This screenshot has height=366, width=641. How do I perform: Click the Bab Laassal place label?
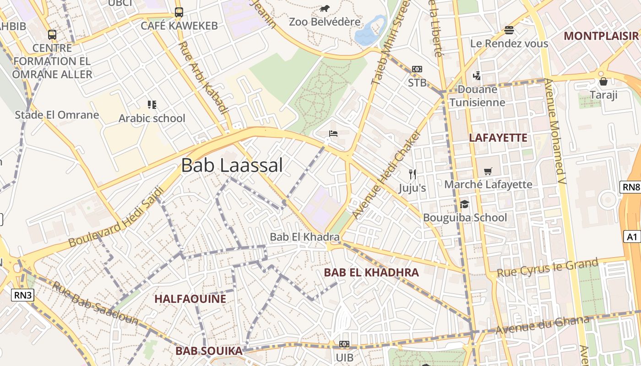[232, 165]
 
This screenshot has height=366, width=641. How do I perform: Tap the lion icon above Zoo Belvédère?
[325, 9]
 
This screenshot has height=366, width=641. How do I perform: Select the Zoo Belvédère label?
[325, 22]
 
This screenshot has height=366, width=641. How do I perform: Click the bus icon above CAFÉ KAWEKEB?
[179, 12]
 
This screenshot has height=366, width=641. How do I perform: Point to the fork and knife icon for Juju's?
[413, 174]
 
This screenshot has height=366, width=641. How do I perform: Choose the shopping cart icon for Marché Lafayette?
[488, 172]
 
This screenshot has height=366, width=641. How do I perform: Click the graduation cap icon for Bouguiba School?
[465, 204]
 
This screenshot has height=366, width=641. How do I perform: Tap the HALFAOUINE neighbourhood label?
[190, 299]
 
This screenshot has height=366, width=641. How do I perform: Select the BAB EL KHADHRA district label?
[371, 273]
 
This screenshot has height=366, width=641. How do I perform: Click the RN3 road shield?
[23, 295]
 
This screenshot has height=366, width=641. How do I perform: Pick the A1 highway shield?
[632, 237]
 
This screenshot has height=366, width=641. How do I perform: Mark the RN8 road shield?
[630, 187]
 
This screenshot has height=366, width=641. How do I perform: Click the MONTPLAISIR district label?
[601, 36]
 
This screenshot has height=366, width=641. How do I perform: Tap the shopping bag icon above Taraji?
[603, 82]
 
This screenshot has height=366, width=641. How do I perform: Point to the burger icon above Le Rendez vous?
[509, 31]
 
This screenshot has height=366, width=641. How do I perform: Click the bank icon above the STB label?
[417, 69]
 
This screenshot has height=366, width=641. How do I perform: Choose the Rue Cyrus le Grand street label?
[548, 268]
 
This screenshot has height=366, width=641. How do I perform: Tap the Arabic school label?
[152, 118]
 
